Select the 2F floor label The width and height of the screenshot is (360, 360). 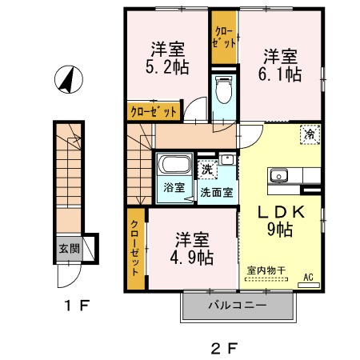coord(225,348)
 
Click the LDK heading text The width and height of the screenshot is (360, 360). coord(283,215)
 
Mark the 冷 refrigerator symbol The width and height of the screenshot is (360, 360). coord(309,136)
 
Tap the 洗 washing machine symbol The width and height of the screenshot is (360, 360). coord(207,169)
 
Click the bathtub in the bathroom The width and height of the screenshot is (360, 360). coord(174,167)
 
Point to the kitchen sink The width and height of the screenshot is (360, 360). coord(282,175)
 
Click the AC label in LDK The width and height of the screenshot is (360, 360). coord(308,278)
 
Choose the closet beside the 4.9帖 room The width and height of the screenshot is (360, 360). coord(135,248)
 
